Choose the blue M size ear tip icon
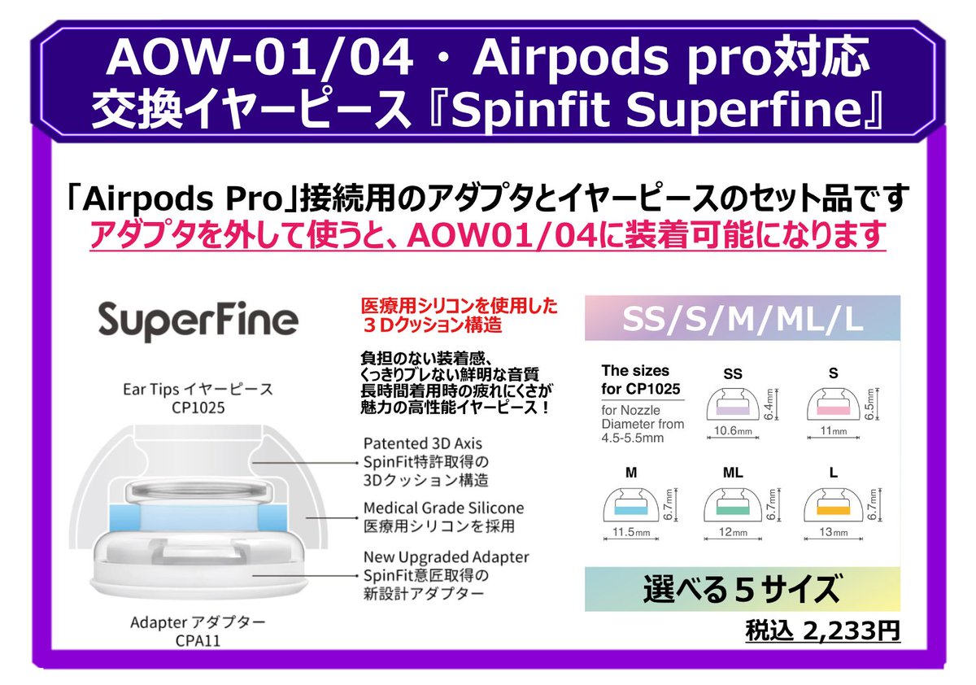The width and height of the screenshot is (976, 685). point(631,506)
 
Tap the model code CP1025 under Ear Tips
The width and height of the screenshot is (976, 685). point(198,407)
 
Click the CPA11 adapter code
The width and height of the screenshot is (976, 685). point(198,641)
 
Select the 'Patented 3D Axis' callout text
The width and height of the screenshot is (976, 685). point(422,444)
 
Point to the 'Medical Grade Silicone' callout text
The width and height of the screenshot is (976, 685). point(443,508)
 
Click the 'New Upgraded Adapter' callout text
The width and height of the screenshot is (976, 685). point(446,558)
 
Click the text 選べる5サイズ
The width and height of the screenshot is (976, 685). point(742,589)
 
